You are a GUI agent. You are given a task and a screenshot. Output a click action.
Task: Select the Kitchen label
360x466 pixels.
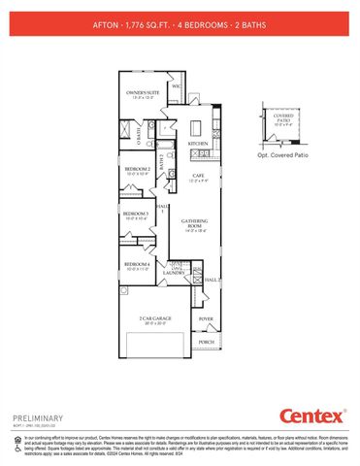(x=198, y=144)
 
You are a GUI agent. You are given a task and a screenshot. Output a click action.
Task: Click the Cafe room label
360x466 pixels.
(x=197, y=177)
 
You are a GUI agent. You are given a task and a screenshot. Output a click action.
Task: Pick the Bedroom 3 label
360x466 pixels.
(x=135, y=216)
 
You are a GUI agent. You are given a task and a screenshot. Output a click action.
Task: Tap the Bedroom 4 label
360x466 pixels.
(x=136, y=265)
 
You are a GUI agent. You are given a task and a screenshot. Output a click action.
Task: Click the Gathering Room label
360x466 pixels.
(x=196, y=224)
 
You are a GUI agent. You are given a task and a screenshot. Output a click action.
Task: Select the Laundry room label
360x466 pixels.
(x=175, y=273)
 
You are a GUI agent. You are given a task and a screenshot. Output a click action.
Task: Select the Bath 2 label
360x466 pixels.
(x=162, y=163)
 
